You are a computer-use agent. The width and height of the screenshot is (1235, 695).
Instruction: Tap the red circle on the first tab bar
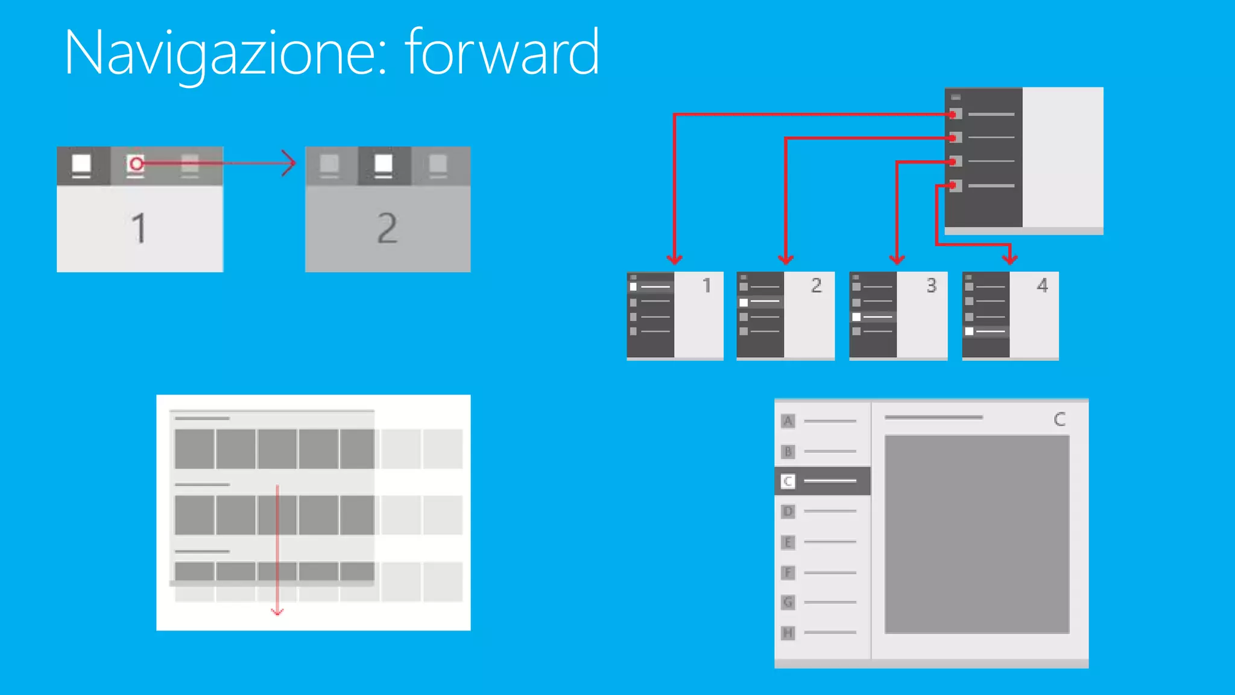(x=136, y=163)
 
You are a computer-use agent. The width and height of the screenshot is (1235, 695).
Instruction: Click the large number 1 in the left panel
(x=139, y=228)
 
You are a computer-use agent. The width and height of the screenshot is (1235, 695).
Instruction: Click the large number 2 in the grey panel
(x=387, y=228)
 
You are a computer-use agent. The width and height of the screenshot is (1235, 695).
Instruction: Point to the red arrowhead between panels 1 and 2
(x=290, y=163)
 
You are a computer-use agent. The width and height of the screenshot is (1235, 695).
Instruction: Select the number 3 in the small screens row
(x=931, y=285)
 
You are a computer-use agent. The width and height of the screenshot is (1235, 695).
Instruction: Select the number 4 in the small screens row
(x=1042, y=285)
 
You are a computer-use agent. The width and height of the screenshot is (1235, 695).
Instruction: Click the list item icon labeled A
(x=788, y=421)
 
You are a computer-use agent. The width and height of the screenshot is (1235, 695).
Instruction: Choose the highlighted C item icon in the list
(x=788, y=481)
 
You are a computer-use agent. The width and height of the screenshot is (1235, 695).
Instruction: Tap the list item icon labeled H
(x=788, y=633)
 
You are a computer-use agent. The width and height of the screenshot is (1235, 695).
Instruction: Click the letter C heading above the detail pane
(x=1060, y=419)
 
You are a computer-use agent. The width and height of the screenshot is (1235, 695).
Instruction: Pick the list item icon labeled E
(x=788, y=542)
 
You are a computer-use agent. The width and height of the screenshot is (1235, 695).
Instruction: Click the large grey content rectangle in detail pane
(x=977, y=534)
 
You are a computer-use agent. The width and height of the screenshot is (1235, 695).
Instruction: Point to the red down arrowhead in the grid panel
(x=277, y=612)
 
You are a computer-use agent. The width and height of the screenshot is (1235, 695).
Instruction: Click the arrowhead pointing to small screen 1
(x=674, y=259)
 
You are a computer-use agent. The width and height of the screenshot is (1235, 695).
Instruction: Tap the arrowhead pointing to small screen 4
(x=1010, y=259)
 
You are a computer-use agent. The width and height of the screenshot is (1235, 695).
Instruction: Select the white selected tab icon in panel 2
(x=384, y=164)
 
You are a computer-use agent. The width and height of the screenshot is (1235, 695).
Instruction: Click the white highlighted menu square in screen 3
(x=856, y=317)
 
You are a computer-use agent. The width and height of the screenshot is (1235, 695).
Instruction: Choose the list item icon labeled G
(x=788, y=602)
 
